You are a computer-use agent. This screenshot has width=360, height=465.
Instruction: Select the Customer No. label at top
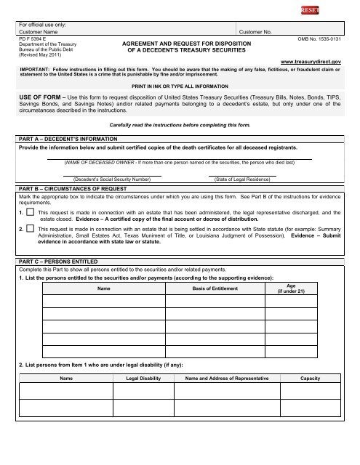click(255, 33)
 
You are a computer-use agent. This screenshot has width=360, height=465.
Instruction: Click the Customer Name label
click(39, 33)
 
